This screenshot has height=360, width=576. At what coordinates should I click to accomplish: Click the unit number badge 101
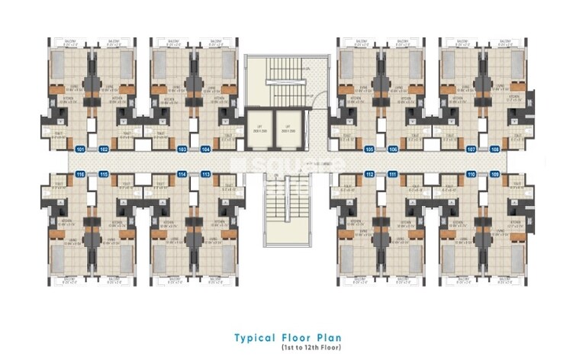click(82, 149)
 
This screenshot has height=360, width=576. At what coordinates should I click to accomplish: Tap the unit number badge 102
click(104, 149)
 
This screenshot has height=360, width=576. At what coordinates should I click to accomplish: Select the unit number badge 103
click(182, 149)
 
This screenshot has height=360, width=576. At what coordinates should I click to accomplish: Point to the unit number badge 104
click(205, 149)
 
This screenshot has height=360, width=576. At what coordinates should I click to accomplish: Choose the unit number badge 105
click(369, 149)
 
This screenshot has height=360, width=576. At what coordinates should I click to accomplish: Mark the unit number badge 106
click(393, 149)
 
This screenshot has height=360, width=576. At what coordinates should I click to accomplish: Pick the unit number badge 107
click(471, 149)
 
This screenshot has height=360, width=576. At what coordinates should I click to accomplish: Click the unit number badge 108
click(494, 149)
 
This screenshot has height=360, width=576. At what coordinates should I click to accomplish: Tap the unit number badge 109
click(494, 175)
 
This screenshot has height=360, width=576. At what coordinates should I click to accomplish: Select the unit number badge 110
click(471, 175)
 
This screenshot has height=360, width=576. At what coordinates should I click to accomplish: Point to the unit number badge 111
click(393, 175)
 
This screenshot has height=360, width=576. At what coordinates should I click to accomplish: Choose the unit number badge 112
click(369, 175)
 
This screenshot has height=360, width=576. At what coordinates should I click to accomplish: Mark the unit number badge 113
click(205, 175)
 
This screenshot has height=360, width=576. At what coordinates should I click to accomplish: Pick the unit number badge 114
click(182, 175)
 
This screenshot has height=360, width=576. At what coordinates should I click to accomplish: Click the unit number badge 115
click(104, 175)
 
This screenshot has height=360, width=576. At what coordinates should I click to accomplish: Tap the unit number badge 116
click(82, 175)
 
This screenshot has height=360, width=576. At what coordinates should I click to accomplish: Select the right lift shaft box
click(287, 128)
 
